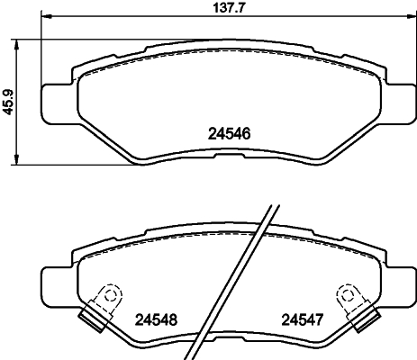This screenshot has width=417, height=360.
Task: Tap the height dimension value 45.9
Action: (x=8, y=101)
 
